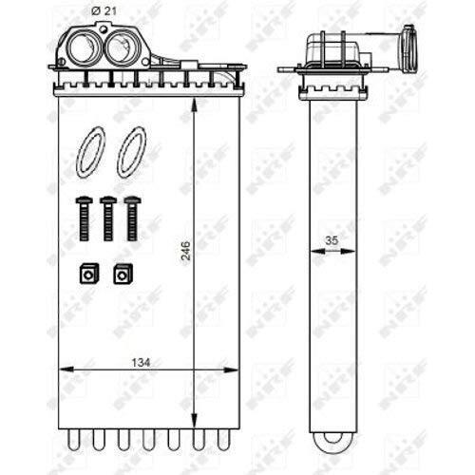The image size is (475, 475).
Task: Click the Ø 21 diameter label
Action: (x=104, y=11)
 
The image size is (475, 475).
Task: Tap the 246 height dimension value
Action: (x=185, y=251)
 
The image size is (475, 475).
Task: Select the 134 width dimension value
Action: (x=141, y=363)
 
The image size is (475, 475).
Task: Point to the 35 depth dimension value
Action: (x=332, y=240)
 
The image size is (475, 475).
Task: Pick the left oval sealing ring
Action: (x=91, y=152)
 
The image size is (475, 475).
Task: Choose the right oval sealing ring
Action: (x=131, y=152)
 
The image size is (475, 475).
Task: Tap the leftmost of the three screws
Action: (x=84, y=218)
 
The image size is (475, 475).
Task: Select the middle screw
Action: (x=108, y=218)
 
